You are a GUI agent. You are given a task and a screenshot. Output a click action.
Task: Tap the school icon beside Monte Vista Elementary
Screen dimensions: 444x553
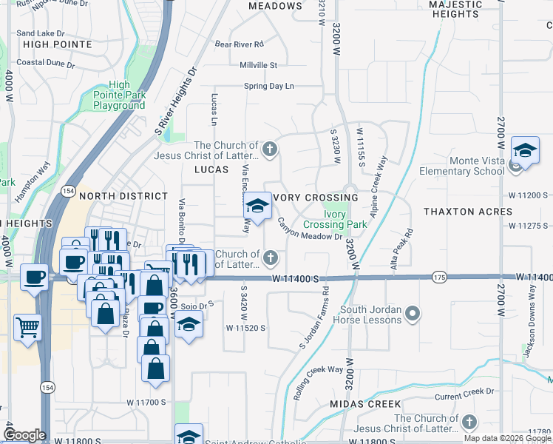[524, 151]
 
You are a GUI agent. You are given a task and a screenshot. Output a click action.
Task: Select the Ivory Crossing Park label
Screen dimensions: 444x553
[336, 219]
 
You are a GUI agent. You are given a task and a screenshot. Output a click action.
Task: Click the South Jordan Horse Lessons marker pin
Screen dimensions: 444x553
[413, 314]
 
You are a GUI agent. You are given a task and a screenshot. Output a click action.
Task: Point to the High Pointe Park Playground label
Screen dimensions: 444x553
[119, 95]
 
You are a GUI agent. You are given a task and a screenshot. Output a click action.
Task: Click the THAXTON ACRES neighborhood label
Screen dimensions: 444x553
[468, 212]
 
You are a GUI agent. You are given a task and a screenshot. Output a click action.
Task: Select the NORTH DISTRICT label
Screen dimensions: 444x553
[123, 196]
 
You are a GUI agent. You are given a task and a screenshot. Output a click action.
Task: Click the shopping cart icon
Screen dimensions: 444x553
[27, 326]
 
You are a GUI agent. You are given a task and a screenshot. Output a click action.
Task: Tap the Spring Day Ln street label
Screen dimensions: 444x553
[269, 87]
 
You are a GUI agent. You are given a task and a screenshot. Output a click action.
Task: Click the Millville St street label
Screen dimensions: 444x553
[258, 65]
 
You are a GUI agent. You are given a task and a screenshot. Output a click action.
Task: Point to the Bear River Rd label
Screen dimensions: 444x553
[240, 44]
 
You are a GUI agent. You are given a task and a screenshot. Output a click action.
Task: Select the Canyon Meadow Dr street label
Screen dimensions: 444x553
[311, 231]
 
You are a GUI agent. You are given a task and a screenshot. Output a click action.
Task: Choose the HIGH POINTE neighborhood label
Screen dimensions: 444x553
[58, 44]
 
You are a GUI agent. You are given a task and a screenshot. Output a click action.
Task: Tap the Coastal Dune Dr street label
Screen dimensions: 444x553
[45, 63]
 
